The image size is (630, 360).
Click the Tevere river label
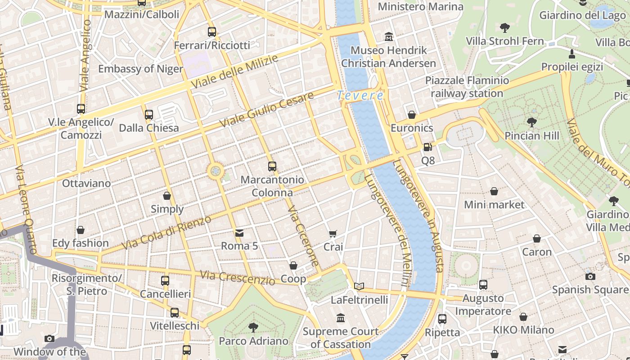(360, 95)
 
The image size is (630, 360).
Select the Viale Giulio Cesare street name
(266, 110)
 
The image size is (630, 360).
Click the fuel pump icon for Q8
(427, 147)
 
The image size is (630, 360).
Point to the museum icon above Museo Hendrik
(389, 36)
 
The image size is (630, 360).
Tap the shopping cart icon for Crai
(333, 234)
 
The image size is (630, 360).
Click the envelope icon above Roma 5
(239, 233)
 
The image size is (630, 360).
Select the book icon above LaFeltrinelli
(359, 286)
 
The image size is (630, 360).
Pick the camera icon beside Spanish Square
(590, 276)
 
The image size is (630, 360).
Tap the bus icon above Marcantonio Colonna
(272, 166)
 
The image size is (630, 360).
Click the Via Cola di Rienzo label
(166, 233)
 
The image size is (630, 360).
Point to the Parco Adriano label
(253, 341)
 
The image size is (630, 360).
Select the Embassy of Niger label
(140, 69)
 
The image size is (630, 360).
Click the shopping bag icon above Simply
(167, 196)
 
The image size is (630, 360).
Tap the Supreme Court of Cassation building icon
(341, 318)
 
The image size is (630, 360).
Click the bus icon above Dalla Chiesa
(149, 115)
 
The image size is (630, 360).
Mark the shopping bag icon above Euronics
(411, 115)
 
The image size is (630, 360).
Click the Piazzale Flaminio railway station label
(467, 87)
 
